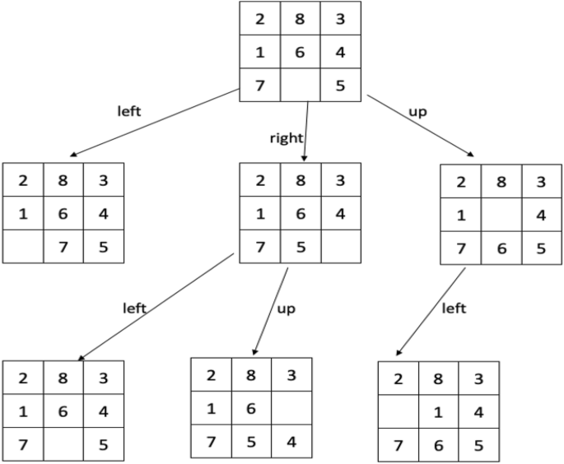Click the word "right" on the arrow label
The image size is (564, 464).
point(287,137)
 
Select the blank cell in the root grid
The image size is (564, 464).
point(300,85)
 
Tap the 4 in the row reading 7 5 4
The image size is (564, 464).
point(291,440)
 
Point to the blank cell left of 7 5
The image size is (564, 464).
point(23,246)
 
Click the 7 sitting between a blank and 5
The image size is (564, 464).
point(63,246)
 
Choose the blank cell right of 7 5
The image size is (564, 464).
point(339,246)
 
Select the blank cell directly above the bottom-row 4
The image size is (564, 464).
point(291,408)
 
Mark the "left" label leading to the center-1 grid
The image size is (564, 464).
point(453,309)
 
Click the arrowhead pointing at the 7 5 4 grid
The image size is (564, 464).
point(254,350)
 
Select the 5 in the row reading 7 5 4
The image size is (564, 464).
point(251,440)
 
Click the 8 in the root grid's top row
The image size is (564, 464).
point(300,19)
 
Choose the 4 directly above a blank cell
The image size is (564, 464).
point(339,213)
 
